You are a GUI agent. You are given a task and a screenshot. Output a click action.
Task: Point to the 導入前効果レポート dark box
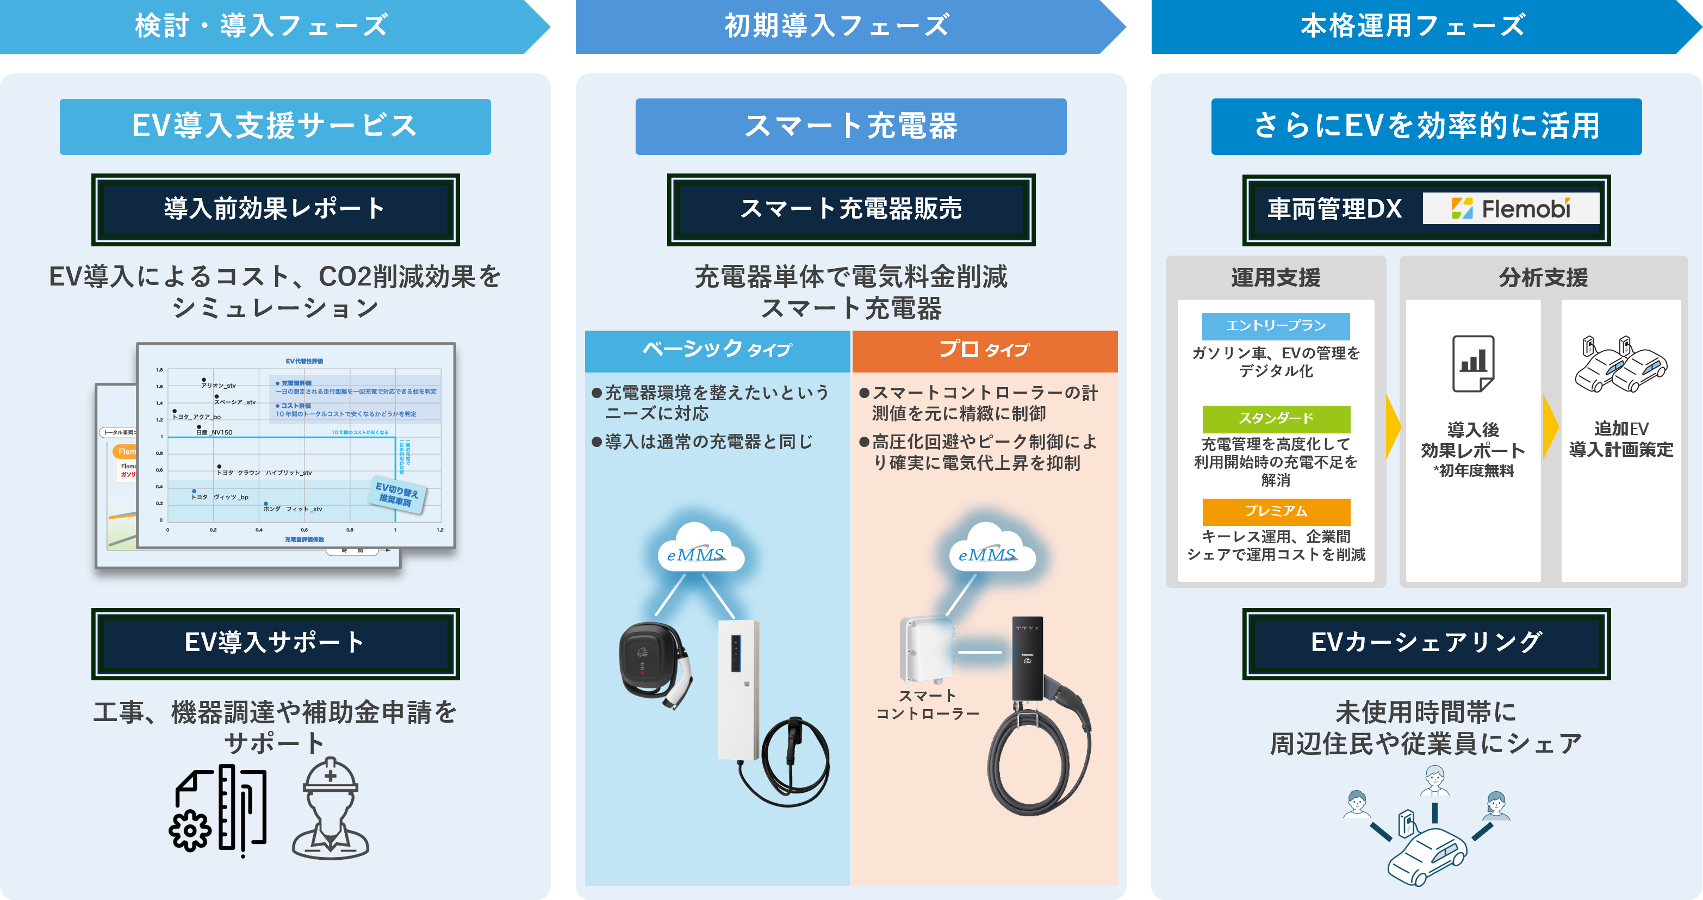pos(275,209)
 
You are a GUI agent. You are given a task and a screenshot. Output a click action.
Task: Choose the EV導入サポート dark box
pos(275,643)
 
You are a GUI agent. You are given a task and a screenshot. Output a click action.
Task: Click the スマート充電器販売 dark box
pos(851,209)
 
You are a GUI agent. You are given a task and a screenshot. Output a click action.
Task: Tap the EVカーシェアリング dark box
pos(1426,643)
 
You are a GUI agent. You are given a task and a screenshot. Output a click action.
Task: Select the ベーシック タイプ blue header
pos(717,350)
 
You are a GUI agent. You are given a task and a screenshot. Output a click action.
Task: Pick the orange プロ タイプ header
pos(984,350)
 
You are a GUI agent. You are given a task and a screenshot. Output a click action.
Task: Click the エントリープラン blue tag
pos(1275,326)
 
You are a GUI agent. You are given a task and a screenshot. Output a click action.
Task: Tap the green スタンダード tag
pos(1275,419)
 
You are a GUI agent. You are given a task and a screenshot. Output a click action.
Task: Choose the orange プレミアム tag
pos(1275,511)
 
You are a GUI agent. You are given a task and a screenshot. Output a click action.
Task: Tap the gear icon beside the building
pos(190,830)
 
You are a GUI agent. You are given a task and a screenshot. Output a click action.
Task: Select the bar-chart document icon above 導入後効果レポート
pos(1473,363)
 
